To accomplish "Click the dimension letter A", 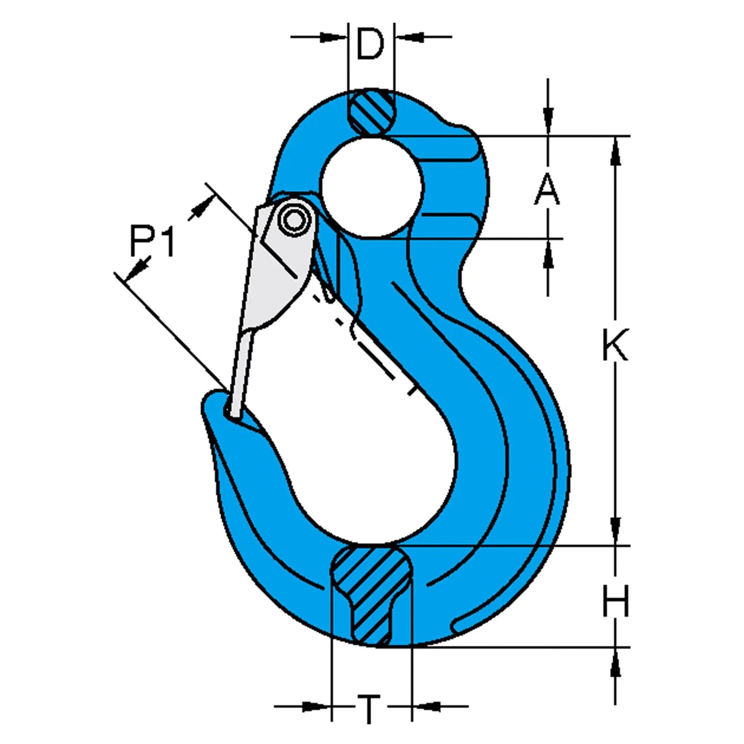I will pyautogui.click(x=547, y=189).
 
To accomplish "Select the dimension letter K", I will pyautogui.click(x=615, y=344).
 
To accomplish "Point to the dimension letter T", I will pyautogui.click(x=369, y=709).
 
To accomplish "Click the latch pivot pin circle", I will pyautogui.click(x=295, y=220).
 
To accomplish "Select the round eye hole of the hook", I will pyautogui.click(x=372, y=187).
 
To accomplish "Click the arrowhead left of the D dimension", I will pyautogui.click(x=332, y=37).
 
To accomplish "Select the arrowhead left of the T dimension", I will pyautogui.click(x=315, y=706).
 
